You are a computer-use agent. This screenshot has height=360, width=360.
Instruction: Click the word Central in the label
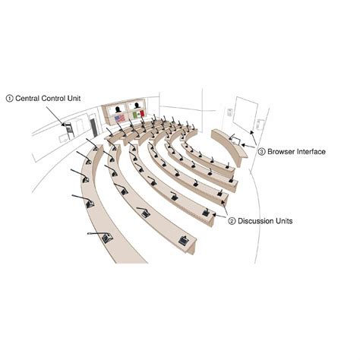[29, 98]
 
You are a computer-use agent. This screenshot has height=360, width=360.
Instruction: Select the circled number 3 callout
[262, 152]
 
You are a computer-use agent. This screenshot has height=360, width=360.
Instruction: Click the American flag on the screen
[119, 118]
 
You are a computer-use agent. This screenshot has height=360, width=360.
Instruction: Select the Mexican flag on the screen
[138, 115]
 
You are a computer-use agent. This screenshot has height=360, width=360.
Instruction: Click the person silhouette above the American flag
[118, 109]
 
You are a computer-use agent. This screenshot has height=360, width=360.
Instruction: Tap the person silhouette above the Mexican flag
[137, 107]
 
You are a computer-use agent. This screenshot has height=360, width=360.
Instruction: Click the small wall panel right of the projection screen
[261, 124]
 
